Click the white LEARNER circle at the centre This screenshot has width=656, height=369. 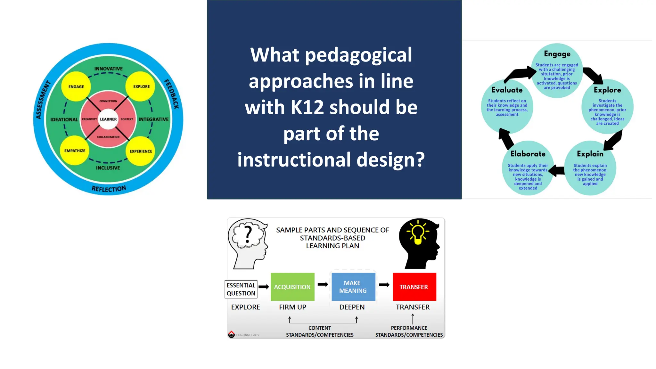pyautogui.click(x=108, y=119)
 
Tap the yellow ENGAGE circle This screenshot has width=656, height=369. pyautogui.click(x=76, y=86)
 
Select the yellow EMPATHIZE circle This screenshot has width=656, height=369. pyautogui.click(x=75, y=151)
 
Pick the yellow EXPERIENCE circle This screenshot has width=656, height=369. pyautogui.click(x=141, y=151)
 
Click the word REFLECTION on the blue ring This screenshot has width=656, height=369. pyautogui.click(x=109, y=189)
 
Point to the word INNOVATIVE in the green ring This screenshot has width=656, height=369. pyautogui.click(x=108, y=69)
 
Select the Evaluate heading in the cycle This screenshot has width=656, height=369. pyautogui.click(x=507, y=90)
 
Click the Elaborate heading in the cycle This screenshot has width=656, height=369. pyautogui.click(x=528, y=154)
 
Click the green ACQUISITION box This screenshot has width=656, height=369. pyautogui.click(x=292, y=287)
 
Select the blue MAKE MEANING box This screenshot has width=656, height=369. pyautogui.click(x=353, y=287)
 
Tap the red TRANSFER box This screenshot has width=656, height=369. pyautogui.click(x=414, y=287)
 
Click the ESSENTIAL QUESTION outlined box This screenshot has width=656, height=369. pyautogui.click(x=241, y=289)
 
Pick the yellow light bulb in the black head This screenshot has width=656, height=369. pyautogui.click(x=418, y=233)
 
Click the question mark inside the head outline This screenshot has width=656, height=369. pyautogui.click(x=248, y=234)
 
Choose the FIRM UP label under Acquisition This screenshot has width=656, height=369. pyautogui.click(x=292, y=307)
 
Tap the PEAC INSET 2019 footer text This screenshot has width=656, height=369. pyautogui.click(x=248, y=335)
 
